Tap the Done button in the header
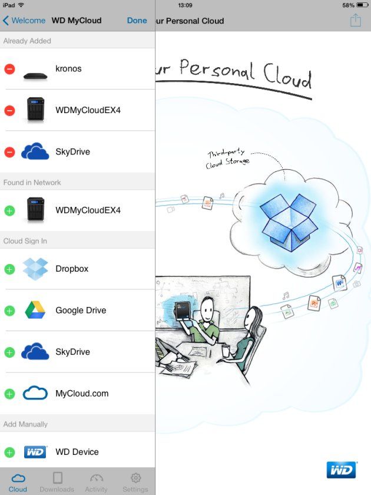click(x=137, y=21)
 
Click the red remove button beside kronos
click(x=9, y=69)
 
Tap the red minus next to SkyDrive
click(x=9, y=152)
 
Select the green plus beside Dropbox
click(x=9, y=269)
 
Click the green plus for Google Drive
click(x=9, y=311)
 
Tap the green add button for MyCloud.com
click(x=9, y=394)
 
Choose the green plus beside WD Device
click(x=9, y=452)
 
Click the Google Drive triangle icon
click(x=35, y=310)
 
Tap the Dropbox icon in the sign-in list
click(x=35, y=269)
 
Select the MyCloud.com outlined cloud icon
click(x=35, y=393)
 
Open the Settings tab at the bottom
click(x=135, y=483)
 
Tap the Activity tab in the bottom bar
click(x=96, y=483)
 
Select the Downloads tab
click(x=57, y=483)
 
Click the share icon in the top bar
click(x=356, y=20)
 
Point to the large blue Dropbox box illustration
click(x=289, y=222)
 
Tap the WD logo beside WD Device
click(x=35, y=452)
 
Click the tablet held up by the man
click(x=183, y=311)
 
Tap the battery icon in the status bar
click(x=362, y=5)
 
